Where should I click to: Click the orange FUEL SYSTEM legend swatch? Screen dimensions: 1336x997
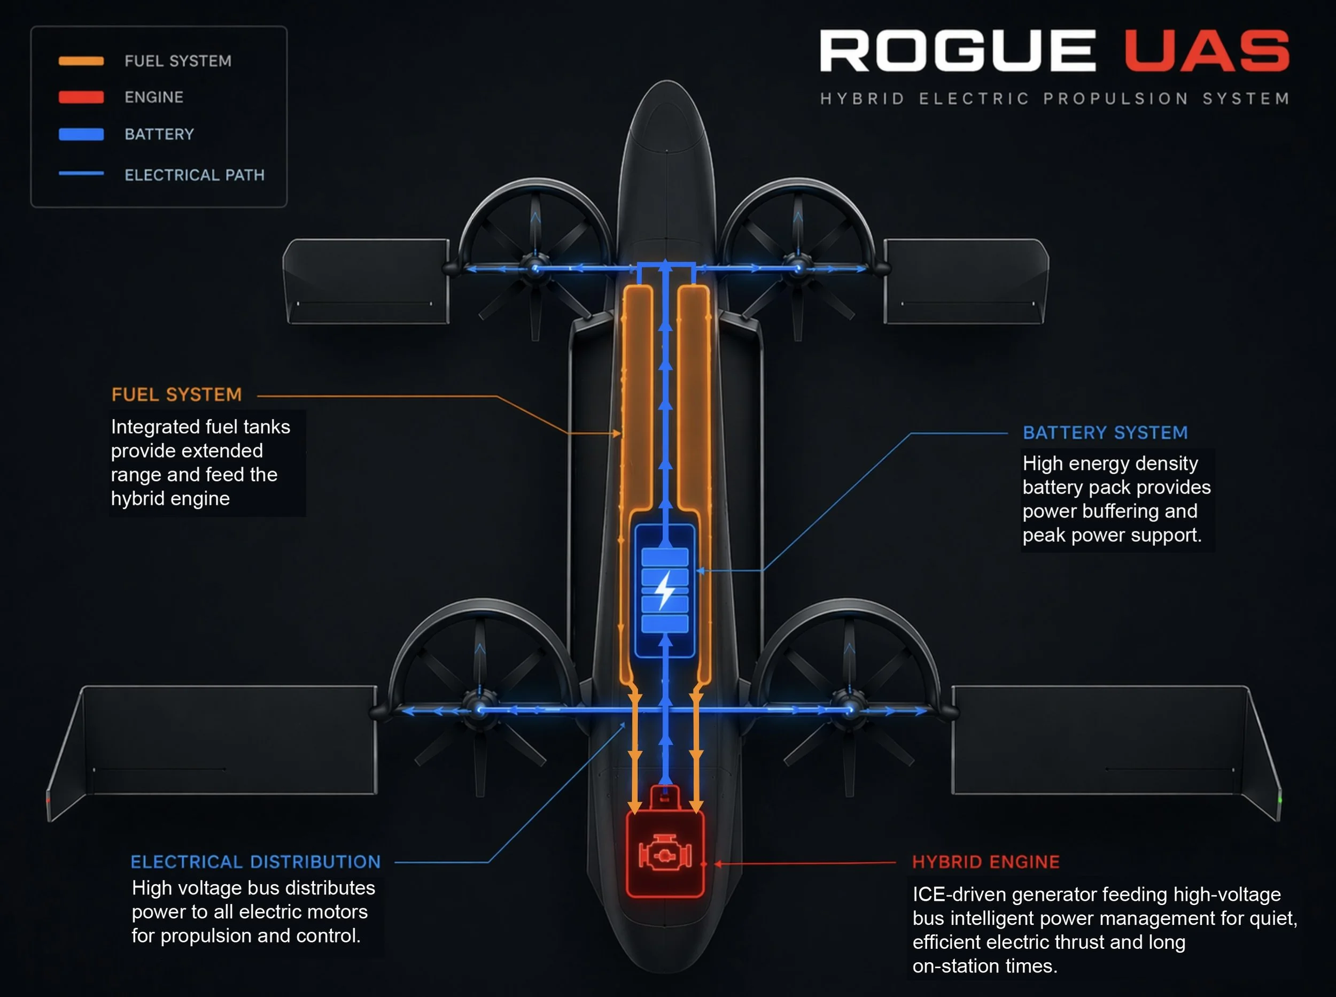(x=81, y=61)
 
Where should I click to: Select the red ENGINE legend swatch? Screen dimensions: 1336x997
(x=81, y=97)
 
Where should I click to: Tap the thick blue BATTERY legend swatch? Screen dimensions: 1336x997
(x=81, y=134)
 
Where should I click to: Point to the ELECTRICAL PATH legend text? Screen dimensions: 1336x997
(x=194, y=175)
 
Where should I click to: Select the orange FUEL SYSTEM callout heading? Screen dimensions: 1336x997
(x=176, y=395)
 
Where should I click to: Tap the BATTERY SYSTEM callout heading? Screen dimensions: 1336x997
(x=1105, y=432)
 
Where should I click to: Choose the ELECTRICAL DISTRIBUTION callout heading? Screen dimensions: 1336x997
(x=256, y=862)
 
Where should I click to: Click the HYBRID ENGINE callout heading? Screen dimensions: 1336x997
(x=985, y=862)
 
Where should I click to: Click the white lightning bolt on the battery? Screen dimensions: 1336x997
(x=665, y=590)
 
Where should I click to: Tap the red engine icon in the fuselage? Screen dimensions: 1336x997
(x=665, y=855)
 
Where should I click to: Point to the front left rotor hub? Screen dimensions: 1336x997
(x=535, y=266)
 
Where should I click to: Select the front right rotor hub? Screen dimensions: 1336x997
(x=798, y=266)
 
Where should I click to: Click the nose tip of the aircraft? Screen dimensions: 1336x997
(x=666, y=81)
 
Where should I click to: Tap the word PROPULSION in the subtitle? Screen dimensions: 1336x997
(x=1116, y=98)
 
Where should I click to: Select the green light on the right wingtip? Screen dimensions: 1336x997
(x=1280, y=800)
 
